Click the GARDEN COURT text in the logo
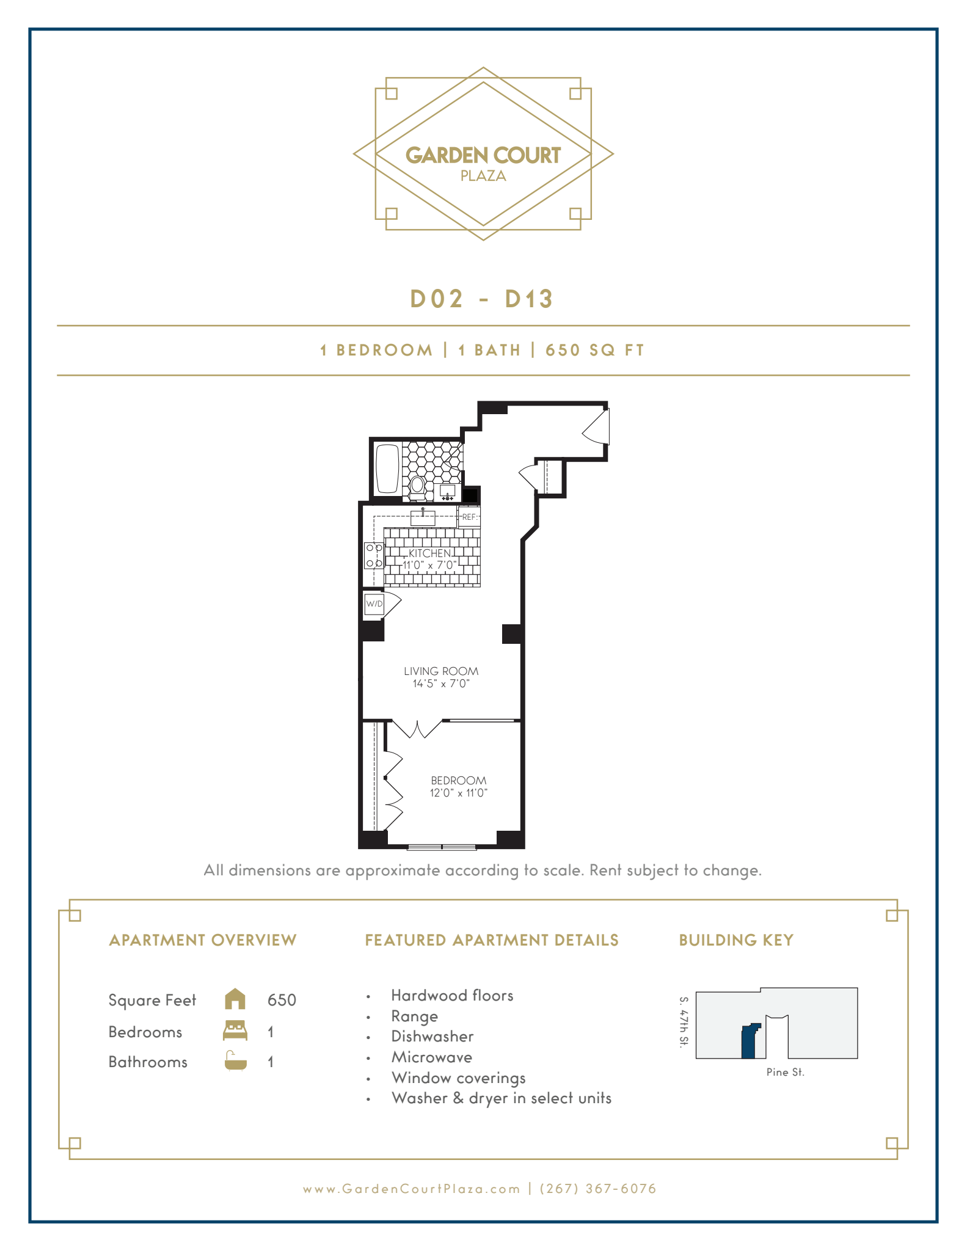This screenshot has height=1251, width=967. [x=483, y=155]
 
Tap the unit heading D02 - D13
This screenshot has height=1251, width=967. [x=481, y=299]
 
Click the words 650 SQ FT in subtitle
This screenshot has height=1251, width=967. [x=594, y=350]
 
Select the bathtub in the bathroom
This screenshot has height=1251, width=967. [x=387, y=469]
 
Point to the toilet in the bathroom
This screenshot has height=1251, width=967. [x=418, y=486]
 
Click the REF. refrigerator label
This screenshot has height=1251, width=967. [x=469, y=517]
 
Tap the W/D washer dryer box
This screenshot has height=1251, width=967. [x=374, y=604]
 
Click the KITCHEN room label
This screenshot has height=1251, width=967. [x=429, y=553]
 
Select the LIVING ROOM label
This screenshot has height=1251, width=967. [x=440, y=671]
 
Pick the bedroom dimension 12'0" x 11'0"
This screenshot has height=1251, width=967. [x=458, y=793]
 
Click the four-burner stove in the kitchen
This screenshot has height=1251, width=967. [x=374, y=555]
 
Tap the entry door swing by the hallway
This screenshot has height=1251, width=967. [x=596, y=427]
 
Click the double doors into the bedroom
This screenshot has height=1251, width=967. [x=416, y=729]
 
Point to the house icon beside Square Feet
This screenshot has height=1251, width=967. [x=235, y=999]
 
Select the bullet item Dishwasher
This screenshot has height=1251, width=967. [x=432, y=1037]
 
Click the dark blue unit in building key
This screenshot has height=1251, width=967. [x=748, y=1043]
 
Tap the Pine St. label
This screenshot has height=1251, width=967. [x=785, y=1072]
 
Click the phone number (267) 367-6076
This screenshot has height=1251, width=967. [x=598, y=1189]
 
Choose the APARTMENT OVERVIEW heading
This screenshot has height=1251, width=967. [x=202, y=940]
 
